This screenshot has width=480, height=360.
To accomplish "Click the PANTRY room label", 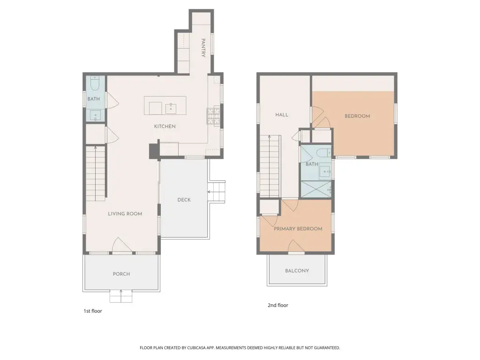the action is tap(203, 48).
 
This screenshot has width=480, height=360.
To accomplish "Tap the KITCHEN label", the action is tap(165, 126).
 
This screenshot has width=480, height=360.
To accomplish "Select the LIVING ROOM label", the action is tap(125, 214).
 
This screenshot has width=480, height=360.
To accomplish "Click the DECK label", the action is tap(184, 200).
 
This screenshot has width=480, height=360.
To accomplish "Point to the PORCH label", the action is tap(121, 274).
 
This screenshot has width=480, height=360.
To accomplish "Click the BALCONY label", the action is tap(297, 270).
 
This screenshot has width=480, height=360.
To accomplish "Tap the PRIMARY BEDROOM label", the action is tap(298, 229).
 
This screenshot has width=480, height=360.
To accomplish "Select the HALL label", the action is tap(282, 115).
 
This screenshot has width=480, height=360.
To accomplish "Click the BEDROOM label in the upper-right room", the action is tap(357, 116).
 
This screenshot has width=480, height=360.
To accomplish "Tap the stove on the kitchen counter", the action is tap(214, 116).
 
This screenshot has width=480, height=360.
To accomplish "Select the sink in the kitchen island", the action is tap(171, 108).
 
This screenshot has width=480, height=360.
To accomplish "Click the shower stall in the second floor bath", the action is tap(316, 189).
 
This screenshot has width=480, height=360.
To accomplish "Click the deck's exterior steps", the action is tap(217, 192).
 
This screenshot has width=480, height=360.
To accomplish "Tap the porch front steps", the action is tap(121, 296).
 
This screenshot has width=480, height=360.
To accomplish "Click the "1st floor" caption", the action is tap(93, 311).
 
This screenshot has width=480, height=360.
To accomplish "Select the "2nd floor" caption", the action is tap(278, 305).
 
